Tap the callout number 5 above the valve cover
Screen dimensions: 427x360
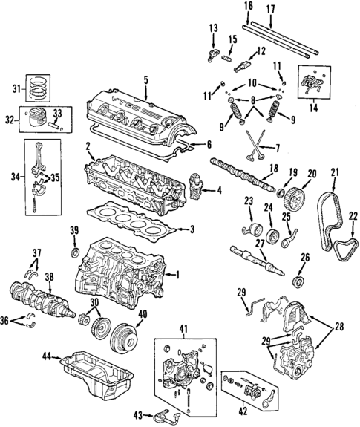tap(145, 79)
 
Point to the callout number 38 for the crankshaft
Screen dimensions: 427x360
tap(50, 278)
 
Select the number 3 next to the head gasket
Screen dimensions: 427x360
tap(192, 230)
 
